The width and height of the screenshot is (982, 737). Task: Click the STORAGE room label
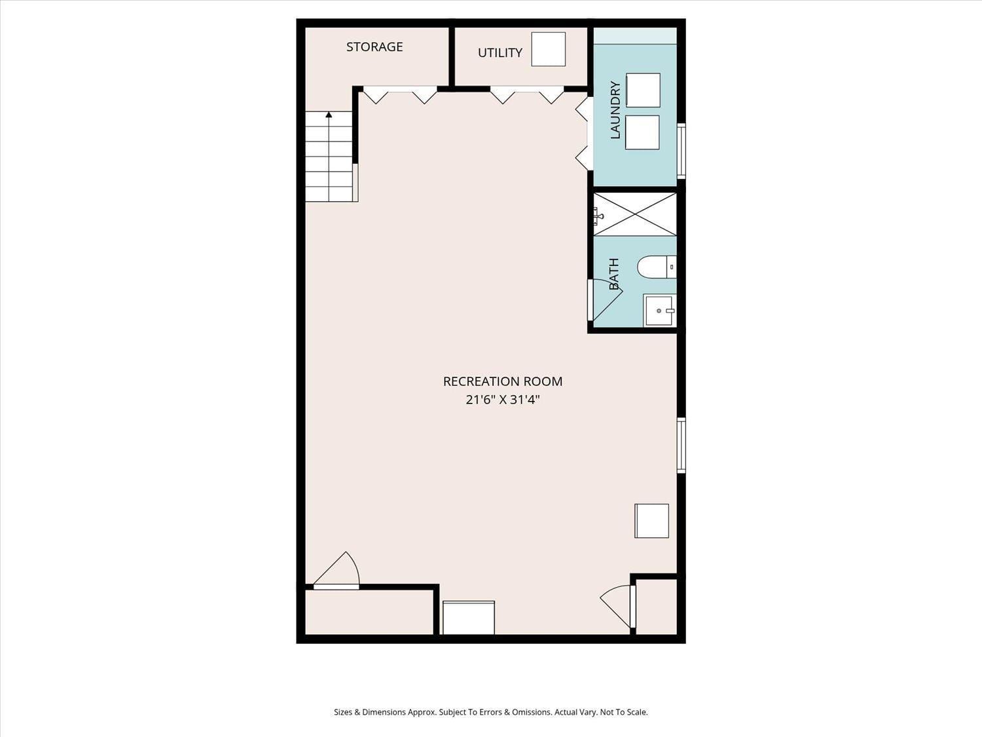tap(374, 47)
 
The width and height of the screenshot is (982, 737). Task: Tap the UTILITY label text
tap(500, 53)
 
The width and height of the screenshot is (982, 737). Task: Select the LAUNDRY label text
tap(615, 110)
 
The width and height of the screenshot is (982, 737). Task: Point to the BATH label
tap(614, 274)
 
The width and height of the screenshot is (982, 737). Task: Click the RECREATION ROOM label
tap(502, 381)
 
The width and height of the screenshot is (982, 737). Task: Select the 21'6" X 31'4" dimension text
tap(502, 400)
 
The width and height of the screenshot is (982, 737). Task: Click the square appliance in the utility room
tap(548, 49)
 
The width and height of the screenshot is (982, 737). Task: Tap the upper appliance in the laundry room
tap(643, 90)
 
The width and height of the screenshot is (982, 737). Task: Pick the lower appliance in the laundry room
tap(642, 132)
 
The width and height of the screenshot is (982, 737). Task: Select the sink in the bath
tap(659, 311)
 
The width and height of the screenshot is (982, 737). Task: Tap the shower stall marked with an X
tap(635, 214)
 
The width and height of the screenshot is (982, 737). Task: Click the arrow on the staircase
tap(329, 115)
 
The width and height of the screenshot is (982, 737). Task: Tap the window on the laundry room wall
tap(681, 151)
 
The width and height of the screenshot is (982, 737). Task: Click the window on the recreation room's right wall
tap(681, 445)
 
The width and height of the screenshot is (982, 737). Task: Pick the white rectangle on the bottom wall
tap(468, 618)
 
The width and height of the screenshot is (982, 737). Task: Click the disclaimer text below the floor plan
tap(490, 712)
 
